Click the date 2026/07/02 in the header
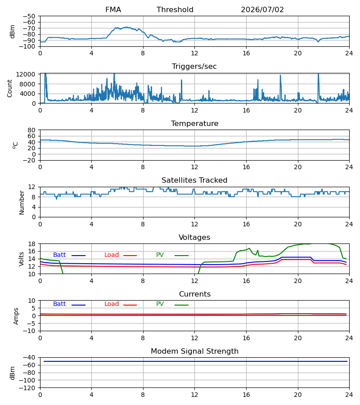click(x=262, y=10)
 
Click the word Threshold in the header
click(x=175, y=10)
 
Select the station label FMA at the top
click(x=113, y=10)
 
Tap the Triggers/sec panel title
click(x=194, y=67)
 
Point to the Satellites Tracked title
click(x=194, y=180)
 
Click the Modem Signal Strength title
click(x=194, y=351)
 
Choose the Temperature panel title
click(x=194, y=123)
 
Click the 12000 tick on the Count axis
click(x=26, y=74)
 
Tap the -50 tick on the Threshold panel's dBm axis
click(x=29, y=16)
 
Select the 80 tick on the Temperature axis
click(x=31, y=130)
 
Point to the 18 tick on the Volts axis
click(x=31, y=244)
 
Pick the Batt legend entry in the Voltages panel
click(x=69, y=255)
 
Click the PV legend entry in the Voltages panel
click(x=172, y=255)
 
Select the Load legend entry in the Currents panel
click(x=120, y=304)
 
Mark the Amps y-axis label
click(x=16, y=316)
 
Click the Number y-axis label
click(x=22, y=202)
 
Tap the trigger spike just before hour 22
click(x=318, y=77)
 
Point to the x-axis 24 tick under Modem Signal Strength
click(x=349, y=395)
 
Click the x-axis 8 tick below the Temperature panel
click(x=143, y=167)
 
